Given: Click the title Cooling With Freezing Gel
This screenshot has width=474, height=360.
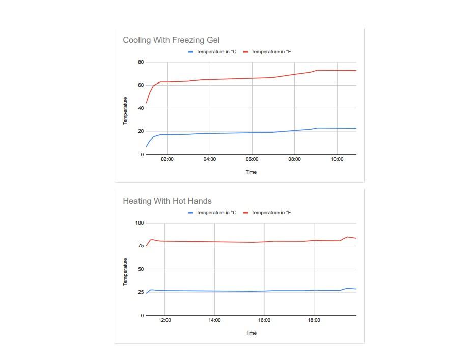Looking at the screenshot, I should pos(171,40).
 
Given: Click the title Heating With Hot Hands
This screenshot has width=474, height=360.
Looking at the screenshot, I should pos(167,201).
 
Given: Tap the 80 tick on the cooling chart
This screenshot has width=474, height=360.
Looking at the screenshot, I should pos(141,62).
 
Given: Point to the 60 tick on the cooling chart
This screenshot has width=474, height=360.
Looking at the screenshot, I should pos(141,85).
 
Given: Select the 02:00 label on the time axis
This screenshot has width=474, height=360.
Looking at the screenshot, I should pos(167,159).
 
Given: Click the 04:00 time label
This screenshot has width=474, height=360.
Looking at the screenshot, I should pos(210,159).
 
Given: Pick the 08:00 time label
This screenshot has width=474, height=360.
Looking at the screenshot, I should pos(294,159).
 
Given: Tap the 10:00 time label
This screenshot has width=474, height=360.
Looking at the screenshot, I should pos(337,159).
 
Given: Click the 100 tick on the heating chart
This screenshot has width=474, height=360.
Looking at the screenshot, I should pos(140,223).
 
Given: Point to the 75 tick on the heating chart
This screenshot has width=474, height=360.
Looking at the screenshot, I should pos(141,246).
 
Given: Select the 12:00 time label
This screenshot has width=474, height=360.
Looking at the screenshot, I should pos(164,320).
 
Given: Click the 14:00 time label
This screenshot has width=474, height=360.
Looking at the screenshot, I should pos(214,320).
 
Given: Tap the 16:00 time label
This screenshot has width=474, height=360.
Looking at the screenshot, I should pos(264,320).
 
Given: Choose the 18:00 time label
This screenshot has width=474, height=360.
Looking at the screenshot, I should pos(314,320).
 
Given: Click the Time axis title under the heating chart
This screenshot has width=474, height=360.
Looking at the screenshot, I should pos(251,333).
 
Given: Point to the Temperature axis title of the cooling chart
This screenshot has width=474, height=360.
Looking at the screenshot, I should pos(125,110).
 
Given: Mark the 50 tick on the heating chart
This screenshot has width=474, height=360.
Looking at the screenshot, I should pos(141,269).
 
